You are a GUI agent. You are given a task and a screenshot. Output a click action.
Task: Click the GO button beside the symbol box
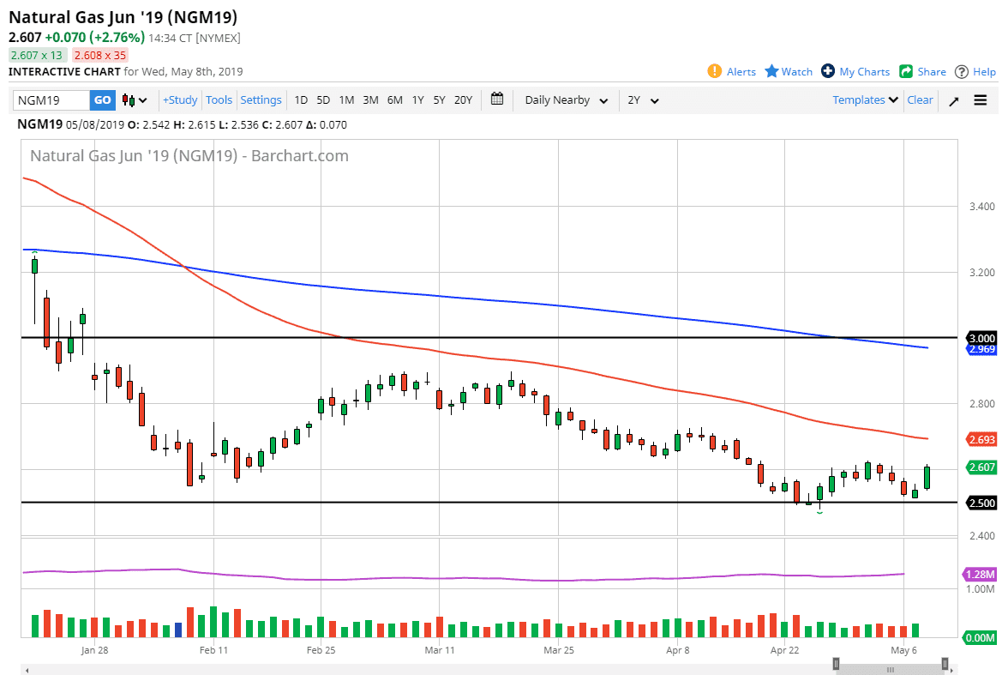102,100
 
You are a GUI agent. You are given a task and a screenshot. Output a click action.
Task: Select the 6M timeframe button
394,100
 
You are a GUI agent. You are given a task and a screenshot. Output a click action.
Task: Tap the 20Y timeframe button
463,100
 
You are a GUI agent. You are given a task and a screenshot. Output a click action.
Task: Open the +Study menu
180,100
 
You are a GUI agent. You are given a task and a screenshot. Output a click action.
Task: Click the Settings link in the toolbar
261,100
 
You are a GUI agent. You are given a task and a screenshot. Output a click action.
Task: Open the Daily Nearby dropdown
566,100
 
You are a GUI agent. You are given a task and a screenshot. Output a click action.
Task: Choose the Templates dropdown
865,100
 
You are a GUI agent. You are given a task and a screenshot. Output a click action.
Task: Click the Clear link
920,100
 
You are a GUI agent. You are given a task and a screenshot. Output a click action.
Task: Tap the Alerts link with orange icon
732,72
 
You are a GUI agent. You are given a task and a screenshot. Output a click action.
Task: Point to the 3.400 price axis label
981,207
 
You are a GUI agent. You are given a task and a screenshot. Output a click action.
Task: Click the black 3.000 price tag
981,338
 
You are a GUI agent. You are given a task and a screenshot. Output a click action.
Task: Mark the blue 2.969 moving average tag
981,350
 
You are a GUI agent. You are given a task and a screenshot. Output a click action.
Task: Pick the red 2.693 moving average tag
981,439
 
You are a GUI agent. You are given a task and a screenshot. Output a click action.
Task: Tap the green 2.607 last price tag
981,467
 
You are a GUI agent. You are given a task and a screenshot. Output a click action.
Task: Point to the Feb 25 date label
321,649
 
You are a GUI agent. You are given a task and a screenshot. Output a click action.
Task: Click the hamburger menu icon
981,100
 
